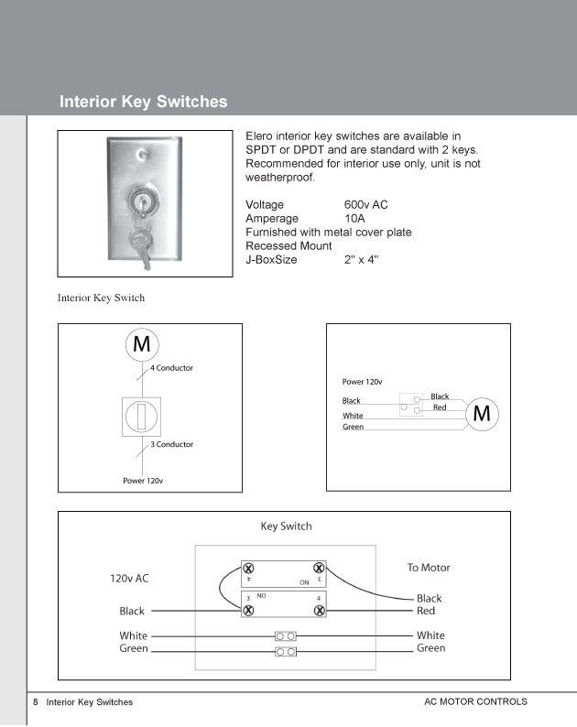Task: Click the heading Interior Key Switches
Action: point(143,102)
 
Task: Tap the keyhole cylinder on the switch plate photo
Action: point(139,201)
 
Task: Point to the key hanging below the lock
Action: point(141,243)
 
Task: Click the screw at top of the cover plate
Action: point(143,153)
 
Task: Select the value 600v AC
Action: point(365,204)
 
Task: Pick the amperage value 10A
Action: point(354,219)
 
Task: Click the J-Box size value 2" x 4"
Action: point(361,260)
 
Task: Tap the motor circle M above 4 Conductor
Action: point(142,344)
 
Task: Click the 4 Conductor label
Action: point(171,368)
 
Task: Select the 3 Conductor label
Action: point(171,444)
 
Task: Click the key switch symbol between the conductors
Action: point(141,417)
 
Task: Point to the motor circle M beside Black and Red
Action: point(482,414)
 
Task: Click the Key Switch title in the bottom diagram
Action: point(286,526)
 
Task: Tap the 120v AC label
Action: point(129,578)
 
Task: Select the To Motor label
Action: point(429,568)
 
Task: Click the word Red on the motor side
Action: point(426,611)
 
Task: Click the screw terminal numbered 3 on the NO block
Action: point(248,610)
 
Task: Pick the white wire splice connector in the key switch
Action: point(286,636)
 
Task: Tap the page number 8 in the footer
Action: point(35,702)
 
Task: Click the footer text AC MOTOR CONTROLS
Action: point(475,701)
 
